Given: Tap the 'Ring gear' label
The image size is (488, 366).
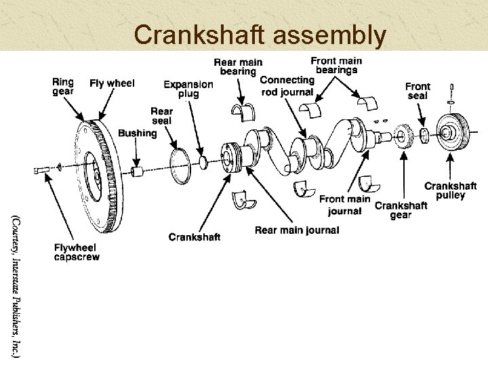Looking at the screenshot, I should [x=63, y=87].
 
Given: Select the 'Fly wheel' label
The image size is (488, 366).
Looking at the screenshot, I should [x=112, y=83].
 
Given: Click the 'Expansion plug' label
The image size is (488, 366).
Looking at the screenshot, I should [x=188, y=89].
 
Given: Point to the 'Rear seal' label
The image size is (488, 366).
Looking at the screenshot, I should [x=161, y=116].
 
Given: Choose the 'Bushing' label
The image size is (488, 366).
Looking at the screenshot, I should [x=137, y=133].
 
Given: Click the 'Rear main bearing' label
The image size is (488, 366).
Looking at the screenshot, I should [x=238, y=66].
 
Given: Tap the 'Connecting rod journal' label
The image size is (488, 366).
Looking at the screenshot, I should [x=287, y=86].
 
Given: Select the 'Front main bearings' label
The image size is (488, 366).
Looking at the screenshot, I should [x=336, y=65].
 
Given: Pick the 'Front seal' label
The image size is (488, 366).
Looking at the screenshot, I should [x=418, y=91].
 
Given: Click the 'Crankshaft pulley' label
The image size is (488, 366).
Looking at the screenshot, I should [x=450, y=190].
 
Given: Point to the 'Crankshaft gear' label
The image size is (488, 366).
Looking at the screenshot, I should [x=401, y=210].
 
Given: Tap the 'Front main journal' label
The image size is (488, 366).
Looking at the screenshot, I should [x=344, y=205].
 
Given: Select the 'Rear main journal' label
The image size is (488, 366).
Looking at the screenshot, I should [x=297, y=230].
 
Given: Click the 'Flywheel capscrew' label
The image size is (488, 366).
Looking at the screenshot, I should [x=77, y=252].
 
